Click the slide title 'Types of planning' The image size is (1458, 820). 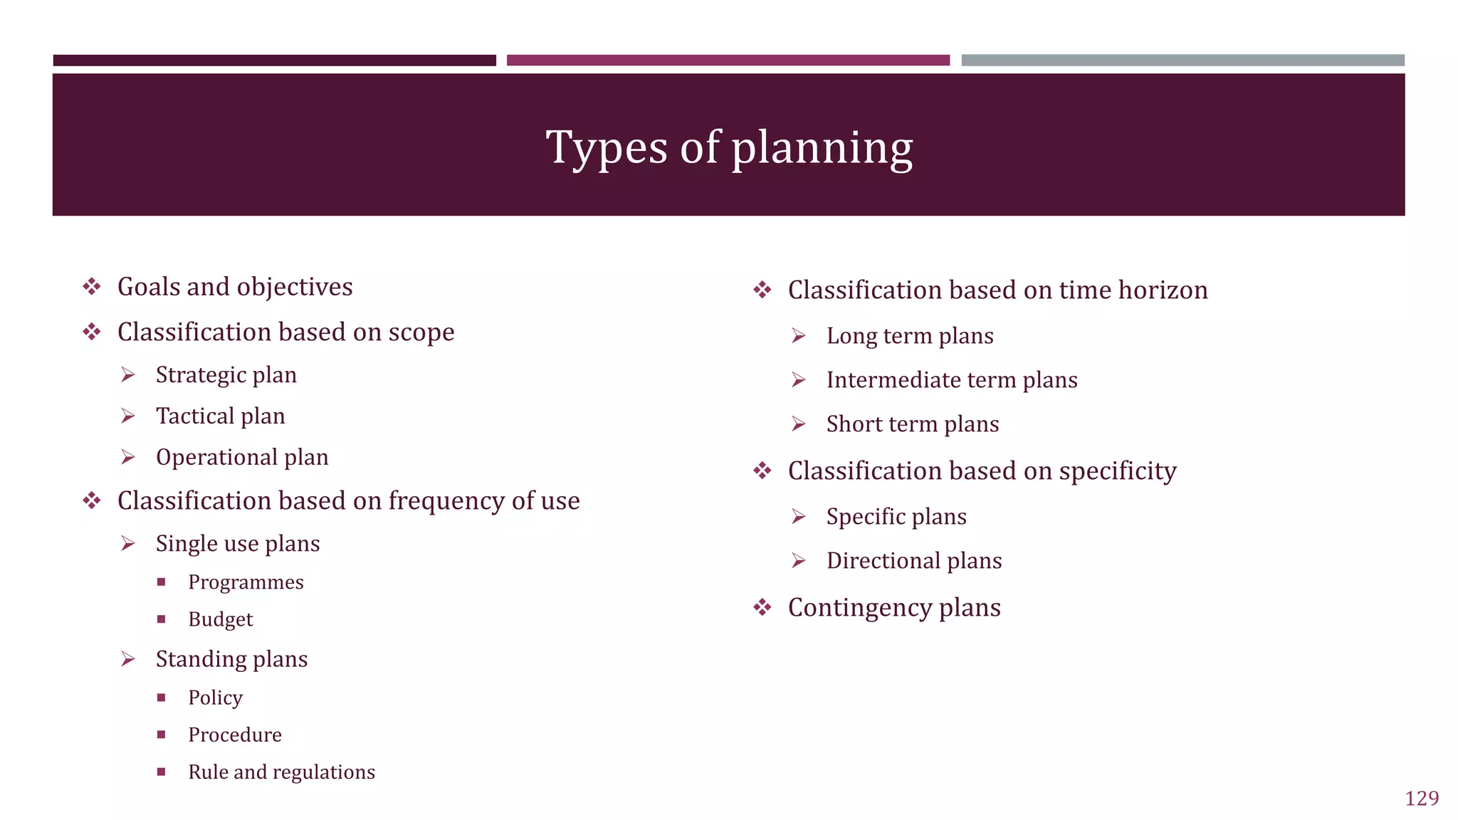click(x=729, y=147)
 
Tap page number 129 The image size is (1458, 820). click(x=1422, y=798)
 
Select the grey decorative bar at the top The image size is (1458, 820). click(x=1182, y=61)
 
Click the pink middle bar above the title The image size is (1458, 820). click(x=728, y=61)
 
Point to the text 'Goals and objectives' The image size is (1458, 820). click(x=235, y=287)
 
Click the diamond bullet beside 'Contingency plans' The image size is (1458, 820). click(x=762, y=607)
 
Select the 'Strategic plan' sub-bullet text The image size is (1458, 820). click(x=226, y=375)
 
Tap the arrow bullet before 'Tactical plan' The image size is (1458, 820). click(x=128, y=416)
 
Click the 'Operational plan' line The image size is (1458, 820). click(x=242, y=457)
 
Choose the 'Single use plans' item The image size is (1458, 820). click(x=238, y=544)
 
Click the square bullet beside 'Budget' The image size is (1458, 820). click(x=162, y=619)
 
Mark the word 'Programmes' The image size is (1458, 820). click(x=246, y=582)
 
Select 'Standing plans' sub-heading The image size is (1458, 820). click(x=231, y=659)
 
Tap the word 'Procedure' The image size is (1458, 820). click(x=235, y=735)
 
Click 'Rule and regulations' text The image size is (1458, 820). click(x=281, y=772)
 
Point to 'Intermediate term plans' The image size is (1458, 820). click(x=952, y=380)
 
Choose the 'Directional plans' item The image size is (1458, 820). click(x=914, y=561)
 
